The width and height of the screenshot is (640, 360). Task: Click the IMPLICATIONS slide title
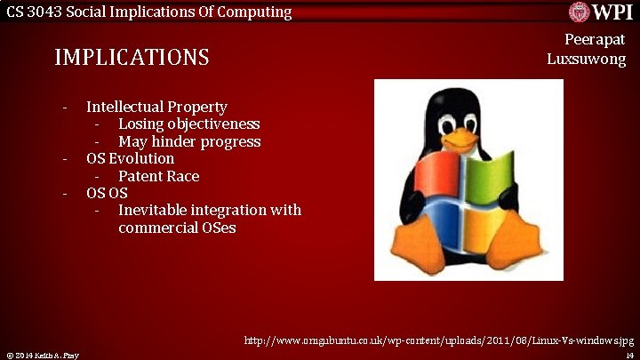[132, 58]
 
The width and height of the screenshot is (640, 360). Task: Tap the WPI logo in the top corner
[601, 12]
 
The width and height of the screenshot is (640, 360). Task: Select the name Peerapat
[595, 40]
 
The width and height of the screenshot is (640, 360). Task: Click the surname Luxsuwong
[586, 60]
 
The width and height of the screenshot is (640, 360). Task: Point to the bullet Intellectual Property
[156, 107]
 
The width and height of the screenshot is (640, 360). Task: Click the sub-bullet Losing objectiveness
[188, 124]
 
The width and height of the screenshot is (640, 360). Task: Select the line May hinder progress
[189, 141]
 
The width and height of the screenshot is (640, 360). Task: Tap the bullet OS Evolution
[130, 158]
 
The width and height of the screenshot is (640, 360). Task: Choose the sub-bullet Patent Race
[158, 176]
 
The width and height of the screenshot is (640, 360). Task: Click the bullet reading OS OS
[107, 193]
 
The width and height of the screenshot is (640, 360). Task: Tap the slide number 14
[628, 355]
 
